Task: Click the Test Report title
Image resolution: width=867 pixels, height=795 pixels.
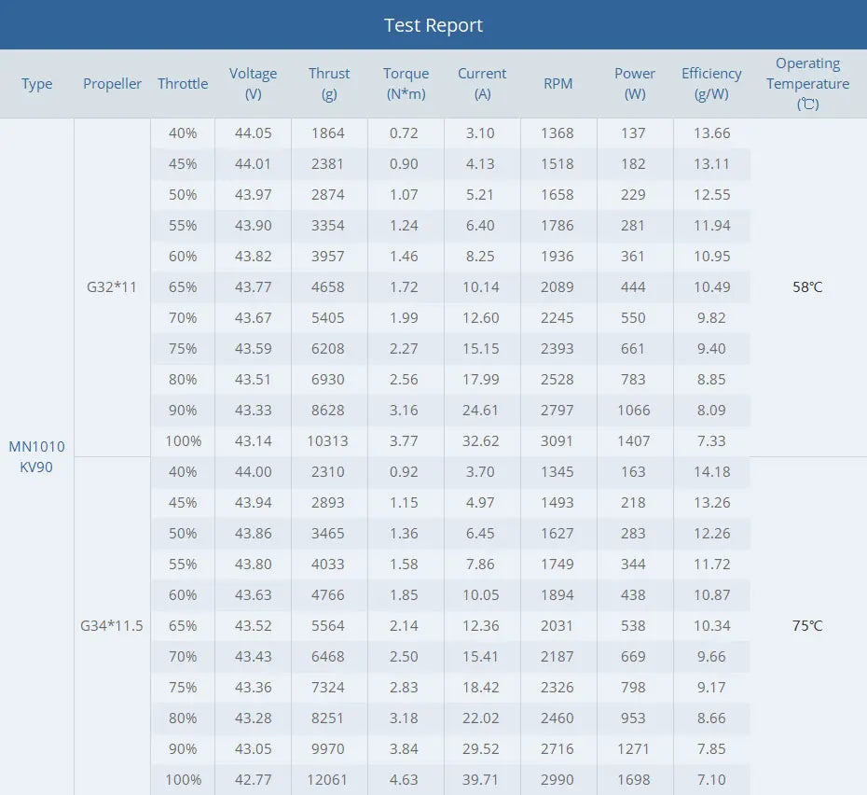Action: [x=433, y=25]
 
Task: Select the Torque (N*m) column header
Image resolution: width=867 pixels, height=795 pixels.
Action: [x=406, y=83]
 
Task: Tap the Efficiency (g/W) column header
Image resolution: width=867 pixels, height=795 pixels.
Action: [x=711, y=83]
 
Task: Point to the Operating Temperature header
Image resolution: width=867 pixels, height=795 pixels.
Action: [x=807, y=83]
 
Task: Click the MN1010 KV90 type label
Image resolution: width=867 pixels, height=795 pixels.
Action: [x=36, y=456]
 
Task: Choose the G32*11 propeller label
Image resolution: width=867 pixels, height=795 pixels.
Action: [x=112, y=286]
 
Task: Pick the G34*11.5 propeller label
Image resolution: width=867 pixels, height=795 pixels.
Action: [x=112, y=625]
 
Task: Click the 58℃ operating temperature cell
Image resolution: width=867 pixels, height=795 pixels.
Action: [x=807, y=286]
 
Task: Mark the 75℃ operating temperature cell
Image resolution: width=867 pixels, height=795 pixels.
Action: [x=807, y=625]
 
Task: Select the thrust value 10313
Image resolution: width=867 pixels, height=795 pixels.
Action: [x=329, y=440]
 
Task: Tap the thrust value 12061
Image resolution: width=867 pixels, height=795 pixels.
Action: [x=329, y=779]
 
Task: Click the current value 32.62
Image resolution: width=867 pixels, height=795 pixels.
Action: [x=481, y=440]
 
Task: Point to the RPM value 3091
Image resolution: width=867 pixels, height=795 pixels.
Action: [x=557, y=440]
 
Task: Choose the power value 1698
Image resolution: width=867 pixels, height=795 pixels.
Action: [x=633, y=779]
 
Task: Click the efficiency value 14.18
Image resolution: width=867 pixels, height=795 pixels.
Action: [x=711, y=471]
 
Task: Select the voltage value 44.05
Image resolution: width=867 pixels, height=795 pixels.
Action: [x=253, y=132]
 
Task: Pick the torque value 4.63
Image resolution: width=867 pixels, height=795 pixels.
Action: [x=404, y=779]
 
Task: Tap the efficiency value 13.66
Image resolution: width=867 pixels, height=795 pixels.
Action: [x=711, y=132]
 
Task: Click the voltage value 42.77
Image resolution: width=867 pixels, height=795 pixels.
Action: [x=253, y=779]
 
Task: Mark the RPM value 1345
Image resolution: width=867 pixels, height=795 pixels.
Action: [x=557, y=471]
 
